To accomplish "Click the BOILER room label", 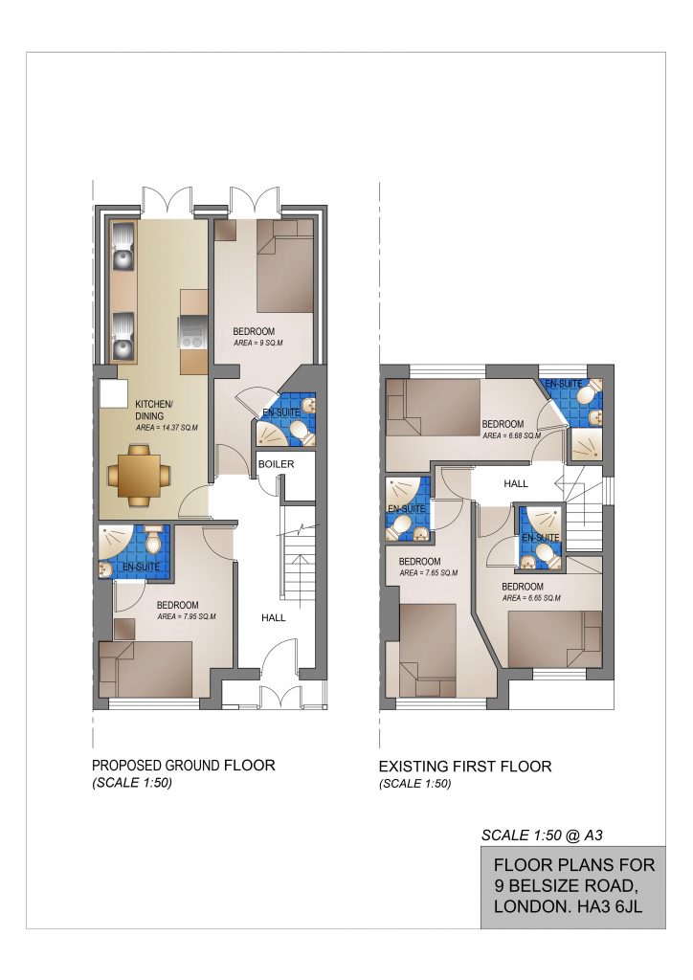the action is click(x=276, y=464).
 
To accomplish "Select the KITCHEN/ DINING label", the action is click(x=153, y=410).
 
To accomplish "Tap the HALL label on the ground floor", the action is click(x=273, y=617).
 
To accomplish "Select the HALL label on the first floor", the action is click(x=516, y=483).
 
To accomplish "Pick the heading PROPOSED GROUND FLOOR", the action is click(x=183, y=765).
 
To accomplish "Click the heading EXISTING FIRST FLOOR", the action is click(x=465, y=767).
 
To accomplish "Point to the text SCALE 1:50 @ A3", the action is click(x=542, y=835).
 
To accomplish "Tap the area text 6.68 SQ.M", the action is click(x=512, y=435).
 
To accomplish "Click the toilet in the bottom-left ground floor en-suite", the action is click(x=153, y=542).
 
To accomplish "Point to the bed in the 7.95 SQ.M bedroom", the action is click(x=145, y=669).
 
